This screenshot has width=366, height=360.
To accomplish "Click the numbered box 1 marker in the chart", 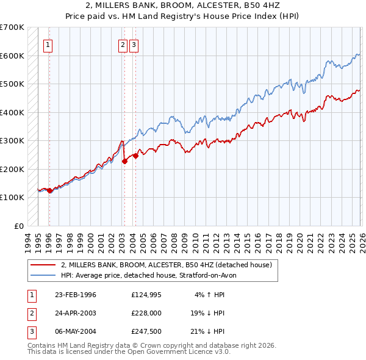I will point(48,44).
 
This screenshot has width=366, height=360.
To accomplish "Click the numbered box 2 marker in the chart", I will point(123,44).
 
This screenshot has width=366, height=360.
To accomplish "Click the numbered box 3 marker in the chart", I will point(134,44).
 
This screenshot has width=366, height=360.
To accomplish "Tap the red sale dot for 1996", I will point(49,191).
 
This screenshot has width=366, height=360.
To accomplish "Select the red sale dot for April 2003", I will point(124,162).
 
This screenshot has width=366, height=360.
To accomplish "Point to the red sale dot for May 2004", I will point(135,156).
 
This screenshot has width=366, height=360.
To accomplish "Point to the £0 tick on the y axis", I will point(19,226).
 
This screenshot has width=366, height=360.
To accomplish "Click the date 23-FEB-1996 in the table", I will point(76,295).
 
